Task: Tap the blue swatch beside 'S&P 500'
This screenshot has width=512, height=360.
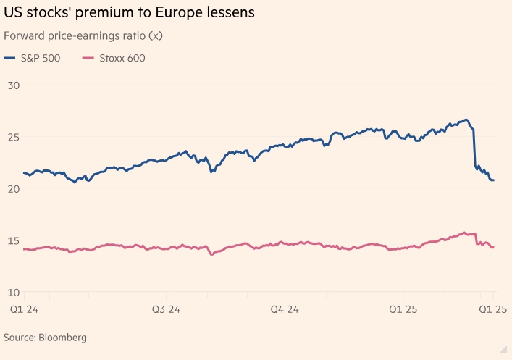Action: pyautogui.click(x=10, y=58)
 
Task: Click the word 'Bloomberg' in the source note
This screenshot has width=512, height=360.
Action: pyautogui.click(x=62, y=338)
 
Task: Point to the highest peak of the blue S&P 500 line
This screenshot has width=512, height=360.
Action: pyautogui.click(x=466, y=120)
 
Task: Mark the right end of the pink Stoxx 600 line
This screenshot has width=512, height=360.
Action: pyautogui.click(x=493, y=248)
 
